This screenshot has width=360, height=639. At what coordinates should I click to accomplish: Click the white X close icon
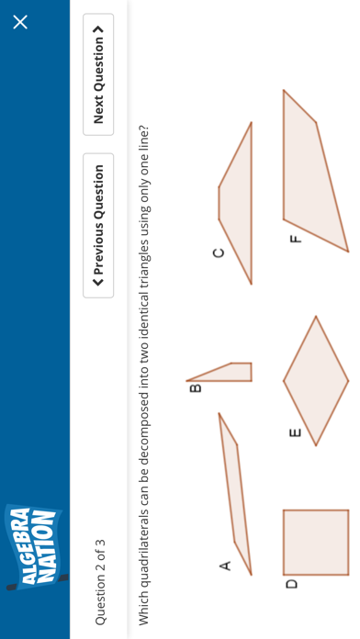coord(20,22)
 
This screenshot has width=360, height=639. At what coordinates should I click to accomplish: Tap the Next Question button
coord(98,74)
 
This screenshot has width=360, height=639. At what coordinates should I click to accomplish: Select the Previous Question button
coord(98,225)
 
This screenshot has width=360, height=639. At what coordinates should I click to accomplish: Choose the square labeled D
coord(316,543)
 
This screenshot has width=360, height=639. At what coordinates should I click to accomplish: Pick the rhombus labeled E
coord(316,381)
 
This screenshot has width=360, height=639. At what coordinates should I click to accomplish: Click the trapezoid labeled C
coord(239,203)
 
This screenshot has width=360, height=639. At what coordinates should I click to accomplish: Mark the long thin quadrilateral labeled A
coord(236,493)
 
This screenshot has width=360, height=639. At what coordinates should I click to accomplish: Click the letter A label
coord(225,566)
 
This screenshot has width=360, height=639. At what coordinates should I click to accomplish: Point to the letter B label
coord(196,388)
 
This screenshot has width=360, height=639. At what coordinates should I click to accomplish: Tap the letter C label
coord(219,253)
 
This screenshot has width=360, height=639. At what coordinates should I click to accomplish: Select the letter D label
coord(291,584)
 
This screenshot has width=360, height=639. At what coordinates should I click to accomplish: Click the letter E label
coord(295,432)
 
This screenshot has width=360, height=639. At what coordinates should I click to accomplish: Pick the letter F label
coord(296,239)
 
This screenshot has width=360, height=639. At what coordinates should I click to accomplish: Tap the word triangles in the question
coord(145,251)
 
